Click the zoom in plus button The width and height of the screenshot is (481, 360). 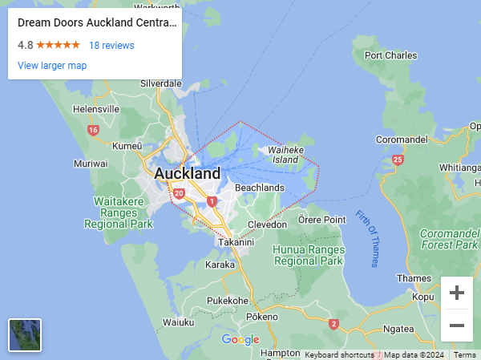[x=457, y=293]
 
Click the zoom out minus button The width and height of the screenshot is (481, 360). [x=457, y=325]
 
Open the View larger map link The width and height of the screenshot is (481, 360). [x=52, y=66]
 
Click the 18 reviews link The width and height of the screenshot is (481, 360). [x=111, y=46]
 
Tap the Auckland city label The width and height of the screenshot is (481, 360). [x=187, y=173]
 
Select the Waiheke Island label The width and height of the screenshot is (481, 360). [x=286, y=155]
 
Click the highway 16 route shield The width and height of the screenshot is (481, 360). [x=94, y=130]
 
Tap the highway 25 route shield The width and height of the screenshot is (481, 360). [x=398, y=160]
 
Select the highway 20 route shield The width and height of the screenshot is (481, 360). [x=179, y=193]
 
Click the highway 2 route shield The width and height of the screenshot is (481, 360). [x=333, y=324]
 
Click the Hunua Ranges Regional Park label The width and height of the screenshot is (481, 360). [x=308, y=255]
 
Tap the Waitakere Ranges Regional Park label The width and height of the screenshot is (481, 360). [x=119, y=212]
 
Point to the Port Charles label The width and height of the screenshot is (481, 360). [x=390, y=56]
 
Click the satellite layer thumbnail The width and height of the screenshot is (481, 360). [x=25, y=335]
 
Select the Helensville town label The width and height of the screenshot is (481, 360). [x=95, y=109]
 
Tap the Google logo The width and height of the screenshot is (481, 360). [x=240, y=340]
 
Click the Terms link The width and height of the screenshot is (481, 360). [x=465, y=355]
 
